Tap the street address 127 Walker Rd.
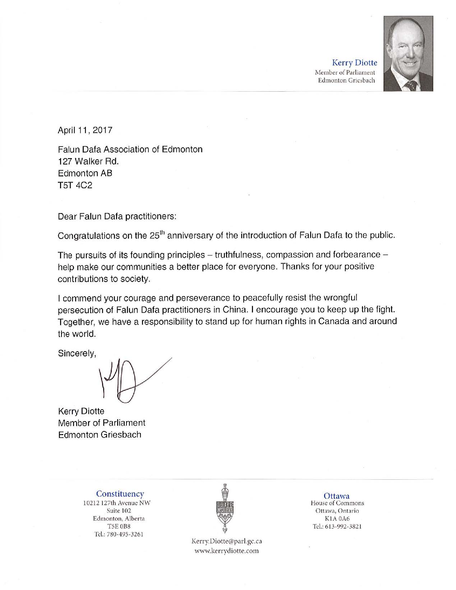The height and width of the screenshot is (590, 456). pyautogui.click(x=88, y=161)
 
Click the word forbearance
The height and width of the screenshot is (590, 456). pyautogui.click(x=357, y=255)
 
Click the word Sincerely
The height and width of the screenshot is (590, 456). pyautogui.click(x=77, y=353)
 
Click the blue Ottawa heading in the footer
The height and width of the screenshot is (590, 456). pyautogui.click(x=337, y=496)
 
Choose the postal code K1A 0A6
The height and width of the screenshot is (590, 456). pyautogui.click(x=337, y=519)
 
